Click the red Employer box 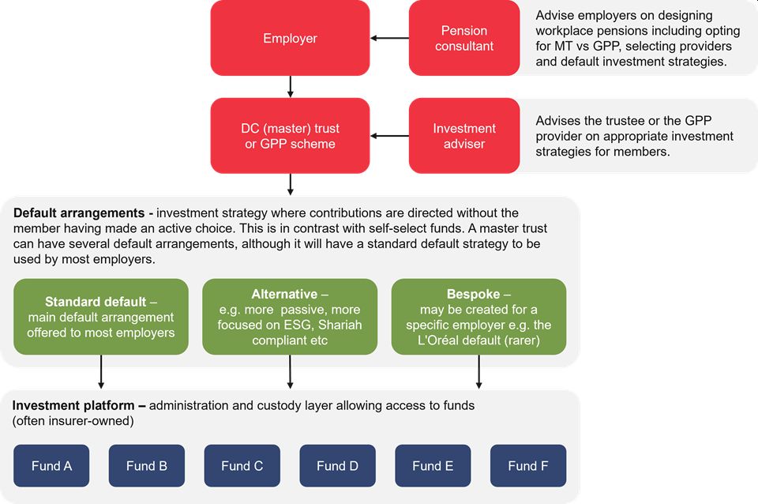click(x=290, y=38)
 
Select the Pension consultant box click(x=463, y=38)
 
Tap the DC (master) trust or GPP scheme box click(x=290, y=136)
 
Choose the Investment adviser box click(x=463, y=136)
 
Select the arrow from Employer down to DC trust click(x=291, y=86)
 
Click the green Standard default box click(x=101, y=317)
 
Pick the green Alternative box click(x=290, y=317)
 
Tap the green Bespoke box click(x=478, y=317)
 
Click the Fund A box click(x=51, y=465)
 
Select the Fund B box click(x=147, y=465)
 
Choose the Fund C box click(x=242, y=465)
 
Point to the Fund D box click(x=337, y=465)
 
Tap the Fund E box click(x=433, y=465)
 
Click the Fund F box click(x=527, y=465)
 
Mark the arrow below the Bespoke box click(x=478, y=372)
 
